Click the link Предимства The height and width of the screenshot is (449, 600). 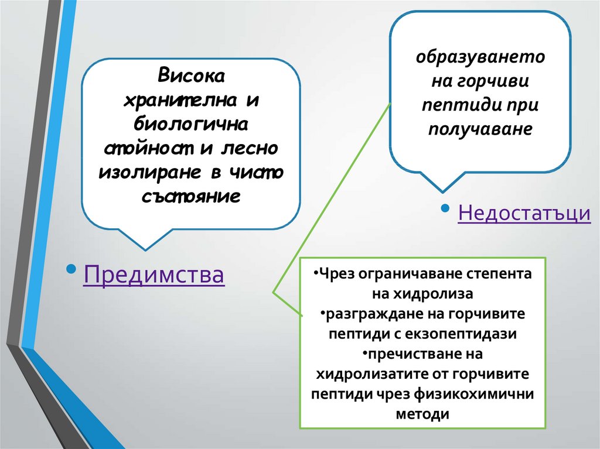click(154, 274)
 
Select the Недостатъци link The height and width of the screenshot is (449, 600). click(524, 212)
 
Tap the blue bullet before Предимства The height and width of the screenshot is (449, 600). click(71, 269)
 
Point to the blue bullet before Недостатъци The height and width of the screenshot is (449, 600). click(445, 208)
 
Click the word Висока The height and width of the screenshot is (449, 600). click(191, 76)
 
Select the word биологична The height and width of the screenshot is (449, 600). click(191, 124)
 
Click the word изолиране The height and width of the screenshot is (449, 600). click(149, 173)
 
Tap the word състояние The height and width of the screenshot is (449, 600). click(191, 197)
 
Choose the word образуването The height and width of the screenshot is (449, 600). click(480, 57)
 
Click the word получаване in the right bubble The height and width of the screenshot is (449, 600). click(480, 129)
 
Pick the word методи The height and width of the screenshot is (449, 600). click(422, 414)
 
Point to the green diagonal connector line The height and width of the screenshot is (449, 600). click(332, 197)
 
